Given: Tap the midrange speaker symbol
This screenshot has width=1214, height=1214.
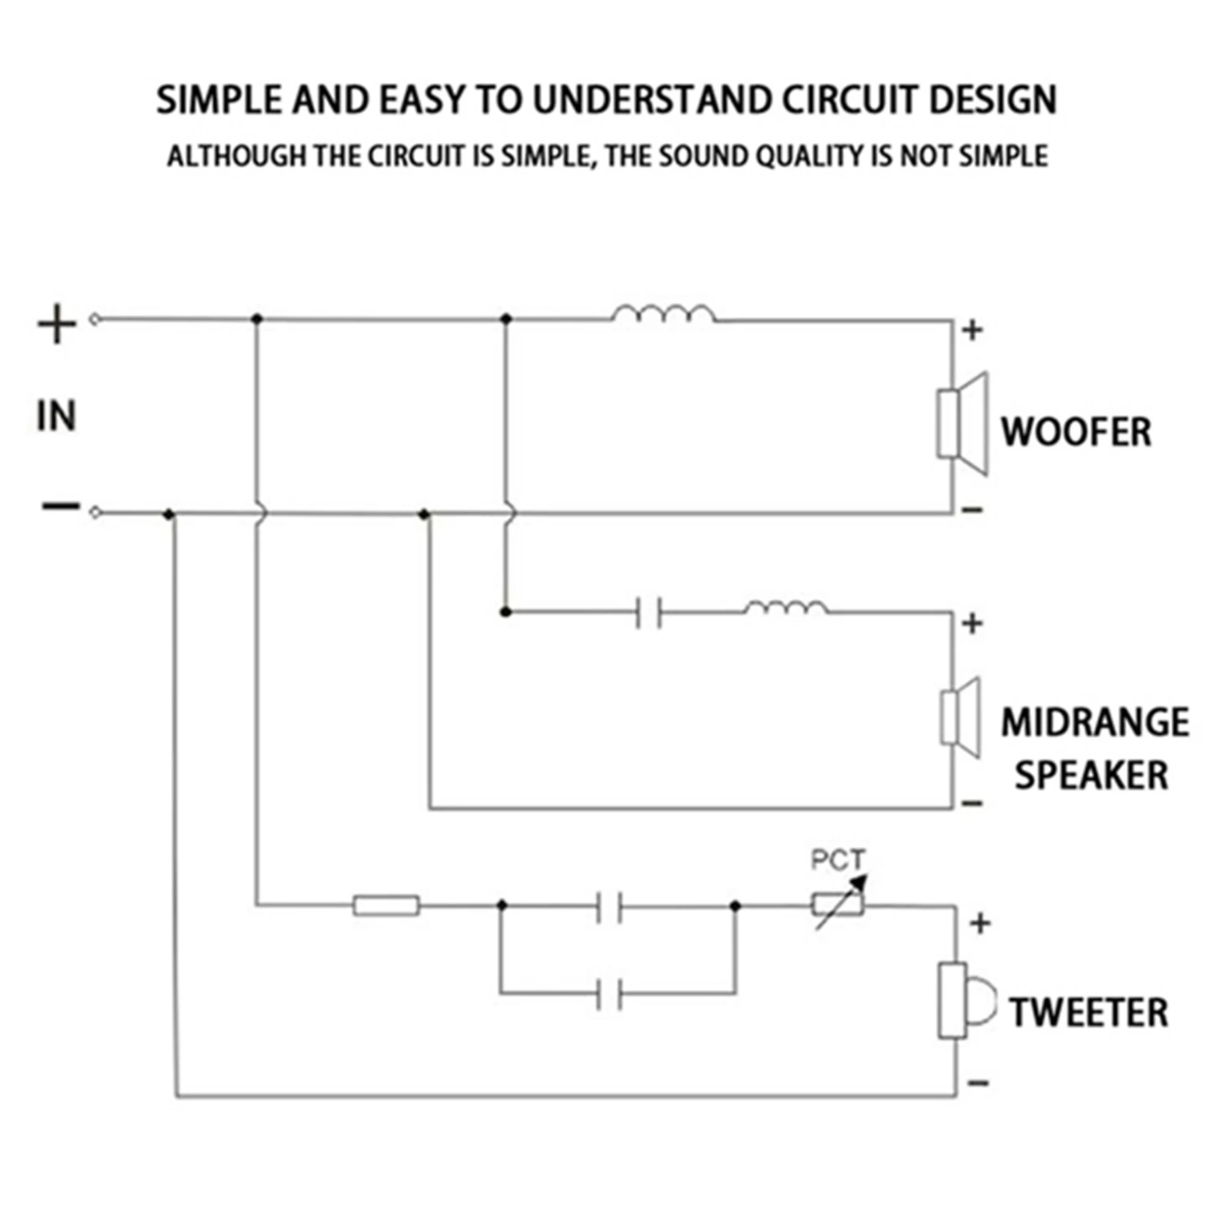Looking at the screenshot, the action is (x=960, y=718).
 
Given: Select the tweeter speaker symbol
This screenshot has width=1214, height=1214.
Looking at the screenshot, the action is (x=965, y=1000).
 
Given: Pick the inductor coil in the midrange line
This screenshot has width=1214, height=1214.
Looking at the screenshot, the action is (x=786, y=607).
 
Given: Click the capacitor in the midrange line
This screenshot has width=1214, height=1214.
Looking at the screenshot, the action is (x=649, y=613).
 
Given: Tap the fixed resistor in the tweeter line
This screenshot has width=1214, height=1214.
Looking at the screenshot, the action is (x=386, y=906).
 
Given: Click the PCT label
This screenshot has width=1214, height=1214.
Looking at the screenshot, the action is (x=838, y=859).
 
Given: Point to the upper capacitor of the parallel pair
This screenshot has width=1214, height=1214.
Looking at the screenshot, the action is (x=609, y=906).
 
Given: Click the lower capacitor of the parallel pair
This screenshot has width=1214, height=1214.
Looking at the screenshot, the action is (x=609, y=994).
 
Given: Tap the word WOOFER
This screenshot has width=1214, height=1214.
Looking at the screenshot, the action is (x=1075, y=432).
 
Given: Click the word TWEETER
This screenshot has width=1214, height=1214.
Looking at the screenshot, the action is (x=1088, y=1013).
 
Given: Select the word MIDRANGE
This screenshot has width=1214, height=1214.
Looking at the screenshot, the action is (x=1095, y=722).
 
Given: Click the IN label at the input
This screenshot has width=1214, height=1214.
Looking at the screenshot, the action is (x=56, y=416).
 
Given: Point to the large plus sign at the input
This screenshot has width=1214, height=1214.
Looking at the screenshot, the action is (x=57, y=323).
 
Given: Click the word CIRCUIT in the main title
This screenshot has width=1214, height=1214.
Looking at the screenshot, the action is (x=848, y=99).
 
